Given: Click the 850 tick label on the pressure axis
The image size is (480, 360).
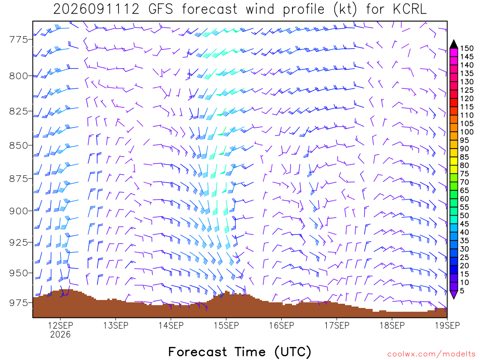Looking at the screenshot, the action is tap(19, 145).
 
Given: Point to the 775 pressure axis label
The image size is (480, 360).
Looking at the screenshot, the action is tap(19, 39).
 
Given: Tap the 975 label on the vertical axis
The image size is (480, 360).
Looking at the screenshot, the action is tap(19, 302).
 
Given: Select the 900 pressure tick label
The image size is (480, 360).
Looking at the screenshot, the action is tap(19, 211).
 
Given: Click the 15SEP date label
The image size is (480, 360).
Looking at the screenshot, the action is tap(226, 325).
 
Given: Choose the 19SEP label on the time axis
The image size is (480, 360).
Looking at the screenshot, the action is tap(447, 325).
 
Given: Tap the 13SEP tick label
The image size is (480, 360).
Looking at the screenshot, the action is tap(116, 325).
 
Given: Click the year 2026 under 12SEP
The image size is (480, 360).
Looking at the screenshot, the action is tap(60, 334).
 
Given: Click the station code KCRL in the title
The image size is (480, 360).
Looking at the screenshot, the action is tap(410, 9).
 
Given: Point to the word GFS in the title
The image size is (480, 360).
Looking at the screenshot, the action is tap(161, 9).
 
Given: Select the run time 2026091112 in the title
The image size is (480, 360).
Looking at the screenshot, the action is tap(97, 9).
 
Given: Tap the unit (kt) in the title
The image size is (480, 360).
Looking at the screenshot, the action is tap(345, 9).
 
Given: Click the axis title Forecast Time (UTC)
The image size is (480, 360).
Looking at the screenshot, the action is tap(240, 352).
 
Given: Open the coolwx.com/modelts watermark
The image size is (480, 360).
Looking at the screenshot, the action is tap(432, 354).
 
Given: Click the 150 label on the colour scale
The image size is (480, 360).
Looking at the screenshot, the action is tap(467, 48).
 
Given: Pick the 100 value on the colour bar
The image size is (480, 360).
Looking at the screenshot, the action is tap(467, 132).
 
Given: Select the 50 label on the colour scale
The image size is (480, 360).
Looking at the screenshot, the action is tap(465, 216).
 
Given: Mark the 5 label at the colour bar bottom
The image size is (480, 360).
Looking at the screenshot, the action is tap(462, 291).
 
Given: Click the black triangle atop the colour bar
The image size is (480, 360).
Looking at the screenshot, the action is tap(454, 45).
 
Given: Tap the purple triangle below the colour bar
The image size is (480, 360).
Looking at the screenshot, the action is tap(454, 294).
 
